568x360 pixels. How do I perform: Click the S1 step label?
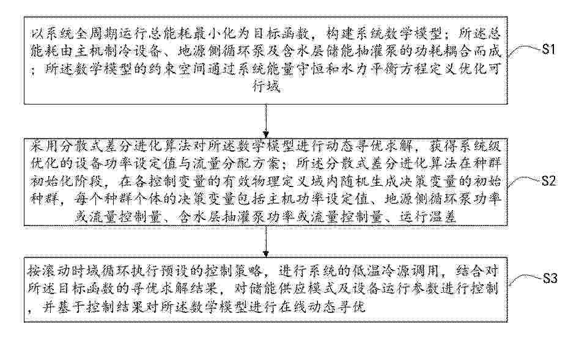pos(548,48)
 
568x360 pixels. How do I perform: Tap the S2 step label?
pos(548,180)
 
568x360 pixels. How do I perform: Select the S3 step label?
pos(550,279)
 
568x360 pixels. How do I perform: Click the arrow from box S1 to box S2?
pos(266,121)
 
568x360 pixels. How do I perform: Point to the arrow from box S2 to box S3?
pos(266,241)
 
